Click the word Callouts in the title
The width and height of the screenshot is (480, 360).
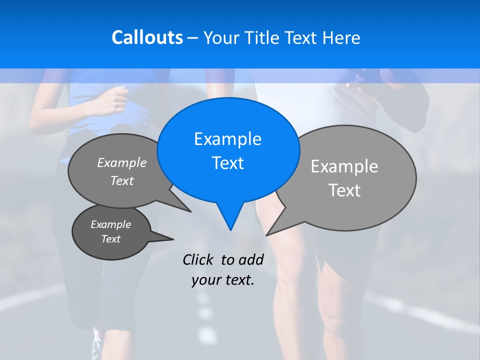(147, 37)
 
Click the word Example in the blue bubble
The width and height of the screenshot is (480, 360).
(227, 139)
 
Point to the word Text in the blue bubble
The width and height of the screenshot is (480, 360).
(227, 163)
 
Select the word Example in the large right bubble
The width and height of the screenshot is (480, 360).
(344, 166)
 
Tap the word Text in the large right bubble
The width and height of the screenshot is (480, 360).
(344, 190)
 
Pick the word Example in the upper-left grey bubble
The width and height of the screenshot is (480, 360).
(122, 162)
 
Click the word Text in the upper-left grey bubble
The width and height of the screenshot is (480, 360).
(122, 180)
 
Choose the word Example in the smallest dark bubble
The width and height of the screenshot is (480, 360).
(110, 224)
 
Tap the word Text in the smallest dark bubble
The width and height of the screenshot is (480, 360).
(110, 239)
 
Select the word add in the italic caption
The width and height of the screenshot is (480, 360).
(250, 259)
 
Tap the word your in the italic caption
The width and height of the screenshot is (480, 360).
(205, 280)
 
